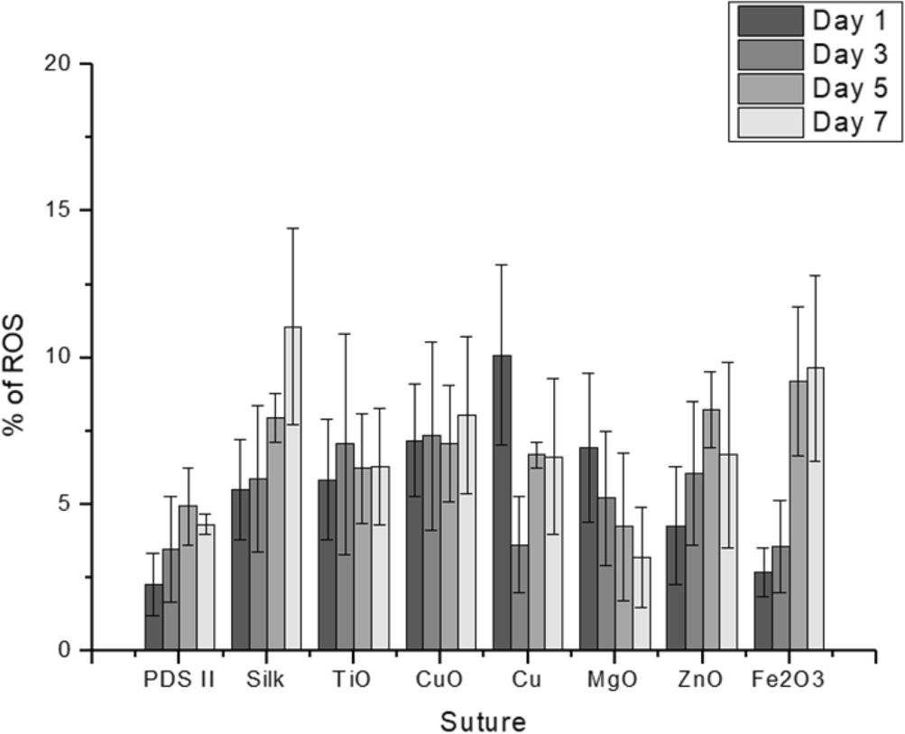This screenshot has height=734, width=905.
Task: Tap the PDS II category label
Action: pos(179,682)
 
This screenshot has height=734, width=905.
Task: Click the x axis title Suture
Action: pos(483,720)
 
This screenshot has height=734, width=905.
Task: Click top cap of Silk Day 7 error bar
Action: pos(293,228)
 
